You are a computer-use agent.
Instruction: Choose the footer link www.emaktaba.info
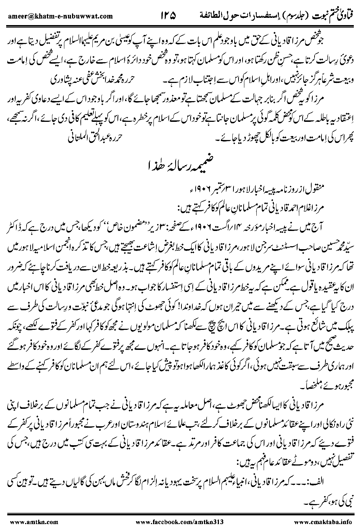(x=323, y=522)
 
